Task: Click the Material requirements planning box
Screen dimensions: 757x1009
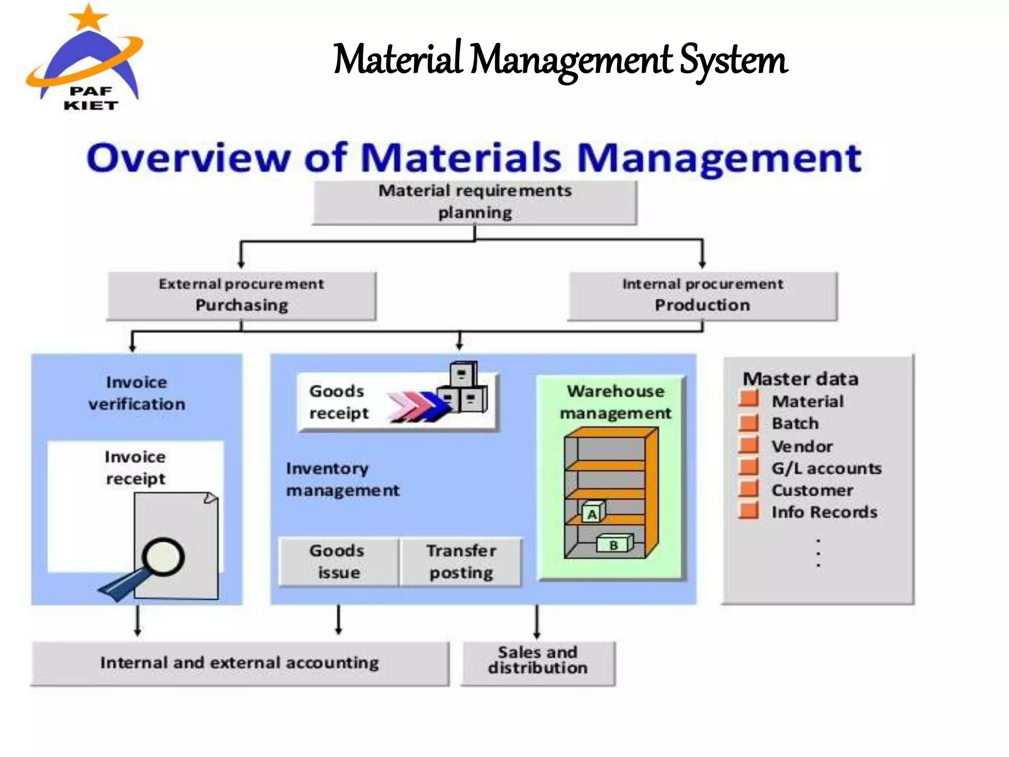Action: pos(474,203)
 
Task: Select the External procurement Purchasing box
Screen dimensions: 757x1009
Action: pos(241,296)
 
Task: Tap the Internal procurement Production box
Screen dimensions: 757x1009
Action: pos(703,296)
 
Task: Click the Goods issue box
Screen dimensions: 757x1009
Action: pos(338,562)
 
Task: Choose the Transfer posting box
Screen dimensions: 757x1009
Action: pos(461,562)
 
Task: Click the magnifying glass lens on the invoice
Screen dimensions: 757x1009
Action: pos(164,556)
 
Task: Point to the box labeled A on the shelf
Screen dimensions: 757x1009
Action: pos(593,513)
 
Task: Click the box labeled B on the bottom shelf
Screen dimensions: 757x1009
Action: pos(614,545)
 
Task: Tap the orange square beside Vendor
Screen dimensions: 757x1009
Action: pos(749,445)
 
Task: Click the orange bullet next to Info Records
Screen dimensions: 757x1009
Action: pos(749,511)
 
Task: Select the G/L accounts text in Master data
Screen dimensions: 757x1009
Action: pos(826,468)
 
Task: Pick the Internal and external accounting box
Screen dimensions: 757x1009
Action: pos(240,663)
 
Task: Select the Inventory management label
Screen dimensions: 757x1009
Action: pos(342,479)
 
